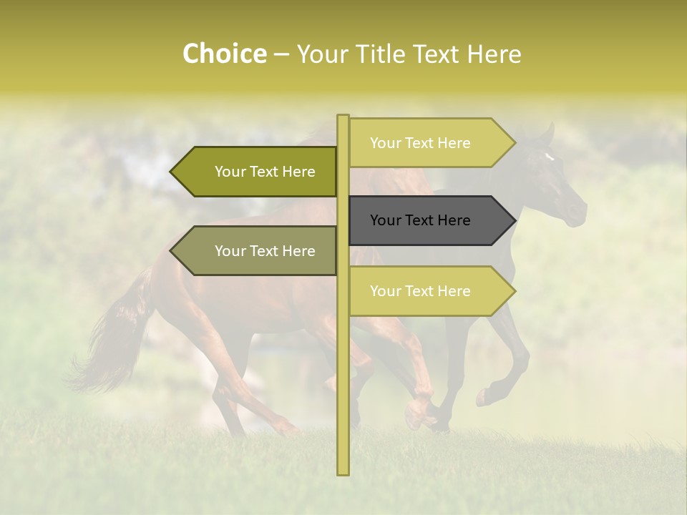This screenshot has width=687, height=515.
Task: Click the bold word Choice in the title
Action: point(224,54)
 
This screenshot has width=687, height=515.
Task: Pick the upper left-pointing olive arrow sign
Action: point(258,172)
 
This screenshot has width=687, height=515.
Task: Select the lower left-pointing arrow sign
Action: point(258,251)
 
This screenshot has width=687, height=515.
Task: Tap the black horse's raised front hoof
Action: point(484,396)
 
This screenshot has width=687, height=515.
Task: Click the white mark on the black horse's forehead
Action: point(549,157)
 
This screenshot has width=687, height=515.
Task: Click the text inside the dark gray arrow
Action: point(420,220)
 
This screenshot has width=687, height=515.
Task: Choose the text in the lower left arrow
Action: point(265,251)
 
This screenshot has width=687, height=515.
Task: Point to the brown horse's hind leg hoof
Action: point(290,429)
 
